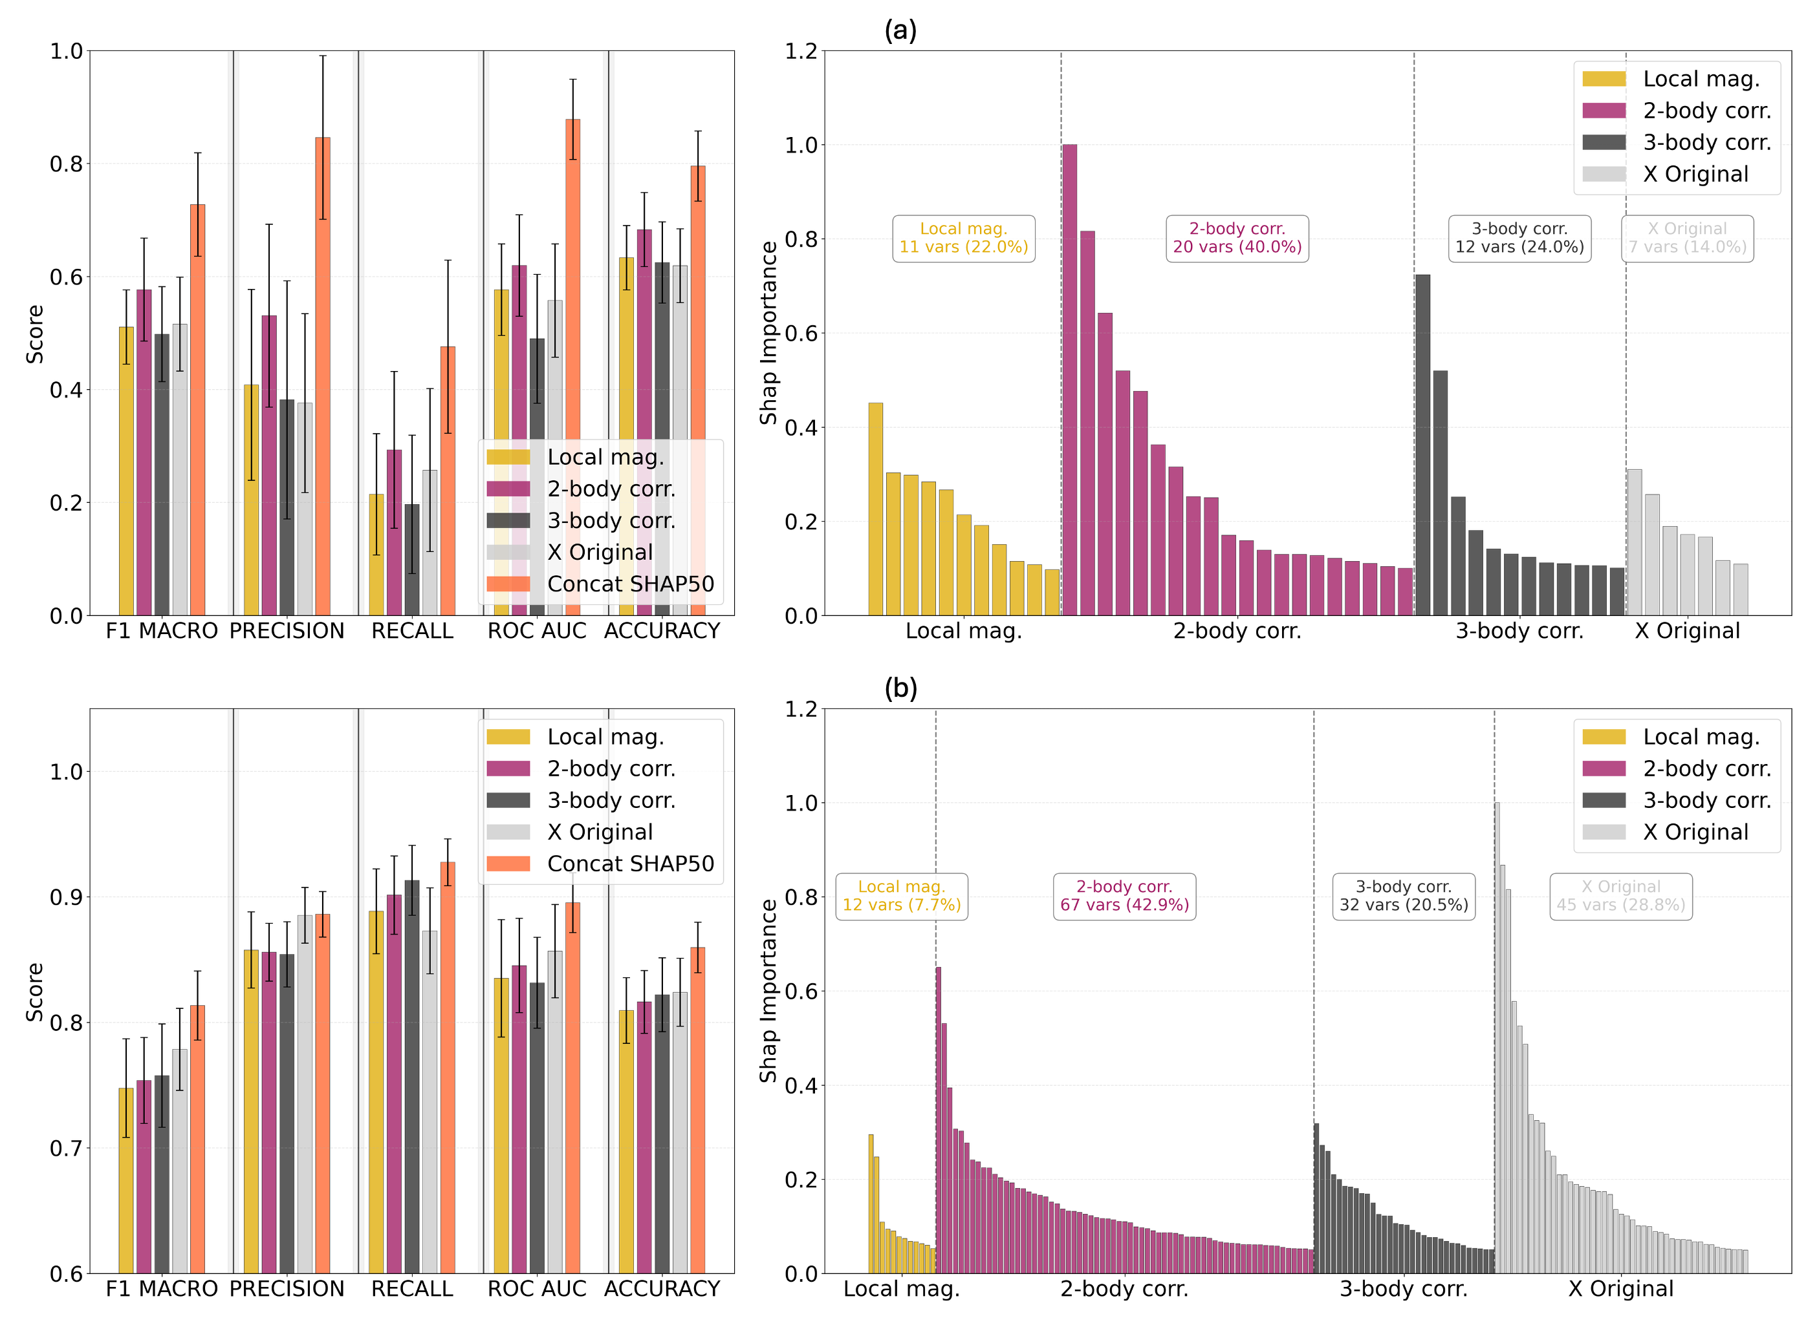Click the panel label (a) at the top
pos(900,30)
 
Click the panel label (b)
pos(900,688)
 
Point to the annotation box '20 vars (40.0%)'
pos(1237,239)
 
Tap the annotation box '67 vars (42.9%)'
pos(1124,897)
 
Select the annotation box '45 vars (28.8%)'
pos(1620,897)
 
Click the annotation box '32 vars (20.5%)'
pos(1403,897)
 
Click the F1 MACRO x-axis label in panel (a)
pos(162,632)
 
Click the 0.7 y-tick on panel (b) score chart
pos(67,1148)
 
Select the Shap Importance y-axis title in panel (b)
pos(769,990)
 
